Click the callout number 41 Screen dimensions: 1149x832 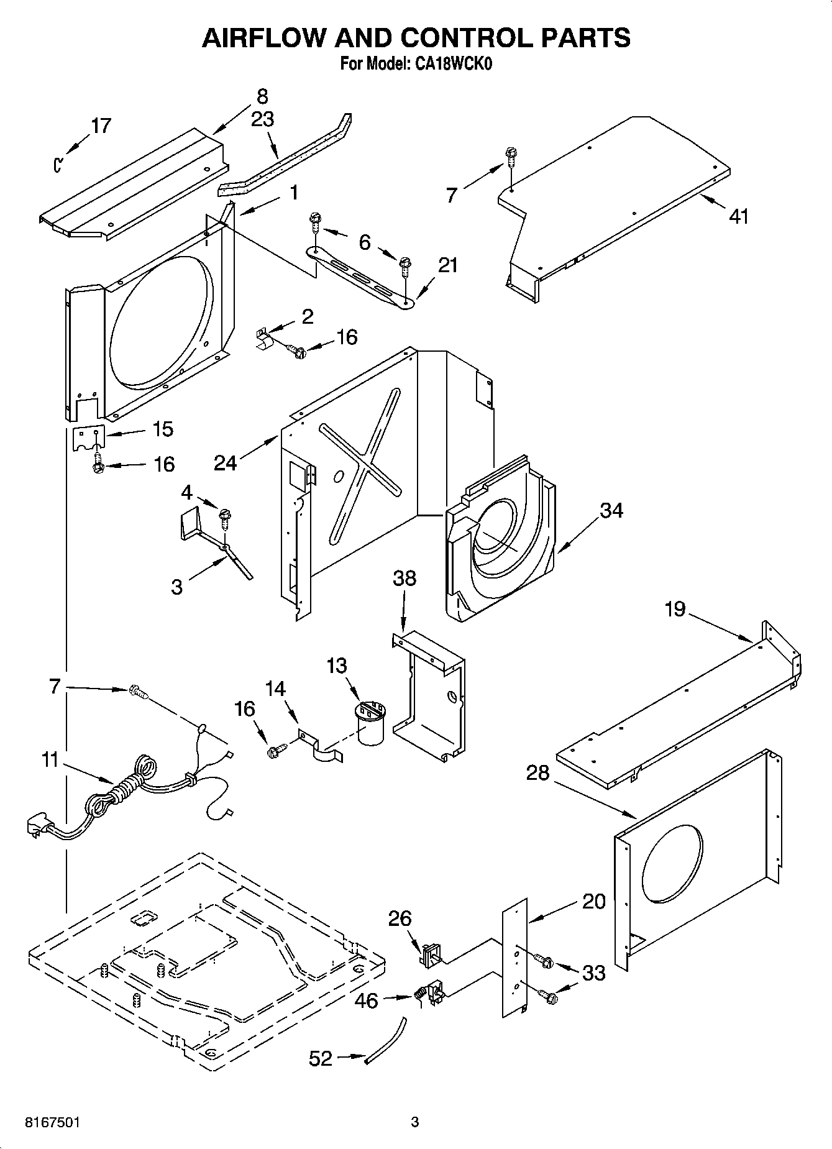[x=739, y=216]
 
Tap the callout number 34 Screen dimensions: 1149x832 [x=611, y=510]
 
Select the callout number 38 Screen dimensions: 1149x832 [x=405, y=579]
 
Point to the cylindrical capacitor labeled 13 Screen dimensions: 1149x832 [x=371, y=722]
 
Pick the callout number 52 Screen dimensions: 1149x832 [x=321, y=1058]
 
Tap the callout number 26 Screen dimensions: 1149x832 [x=400, y=918]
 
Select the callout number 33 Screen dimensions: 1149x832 [x=593, y=973]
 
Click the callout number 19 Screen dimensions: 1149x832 [x=675, y=609]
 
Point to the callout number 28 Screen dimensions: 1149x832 [x=538, y=773]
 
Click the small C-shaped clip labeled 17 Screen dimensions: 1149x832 [x=58, y=165]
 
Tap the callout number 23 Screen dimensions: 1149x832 [x=262, y=119]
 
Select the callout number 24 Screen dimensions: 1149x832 [x=226, y=462]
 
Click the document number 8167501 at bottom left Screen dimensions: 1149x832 [x=52, y=1122]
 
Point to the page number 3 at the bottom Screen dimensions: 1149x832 [x=415, y=1122]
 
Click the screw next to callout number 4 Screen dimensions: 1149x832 [x=226, y=516]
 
